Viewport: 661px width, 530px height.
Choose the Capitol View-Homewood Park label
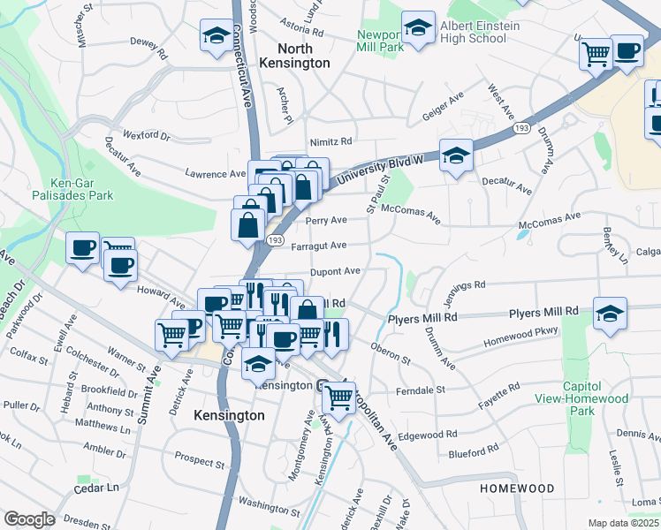coord(595,398)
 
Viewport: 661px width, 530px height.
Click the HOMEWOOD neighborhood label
coord(517,488)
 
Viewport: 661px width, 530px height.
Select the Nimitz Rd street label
coord(330,141)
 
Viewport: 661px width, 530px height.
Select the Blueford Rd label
coord(473,454)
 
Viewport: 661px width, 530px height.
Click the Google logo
coord(29,519)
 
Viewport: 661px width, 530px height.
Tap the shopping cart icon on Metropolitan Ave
coord(338,397)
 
